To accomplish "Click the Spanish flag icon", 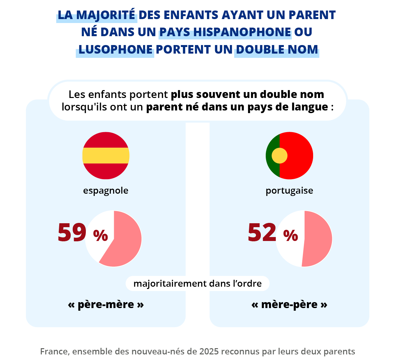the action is (x=106, y=156).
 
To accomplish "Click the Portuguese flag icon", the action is (x=289, y=156).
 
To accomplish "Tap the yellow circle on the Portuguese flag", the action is (x=280, y=156).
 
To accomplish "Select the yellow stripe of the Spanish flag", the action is (x=106, y=156).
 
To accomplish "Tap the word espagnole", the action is (x=106, y=191).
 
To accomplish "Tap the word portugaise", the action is (x=289, y=191).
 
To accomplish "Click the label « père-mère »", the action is (x=106, y=304).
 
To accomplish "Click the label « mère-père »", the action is (x=289, y=304).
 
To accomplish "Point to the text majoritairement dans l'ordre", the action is (x=197, y=284).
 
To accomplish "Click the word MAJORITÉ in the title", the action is (x=106, y=15).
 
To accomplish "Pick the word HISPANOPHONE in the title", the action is (x=242, y=32).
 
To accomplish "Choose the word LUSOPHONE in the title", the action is (x=115, y=49).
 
